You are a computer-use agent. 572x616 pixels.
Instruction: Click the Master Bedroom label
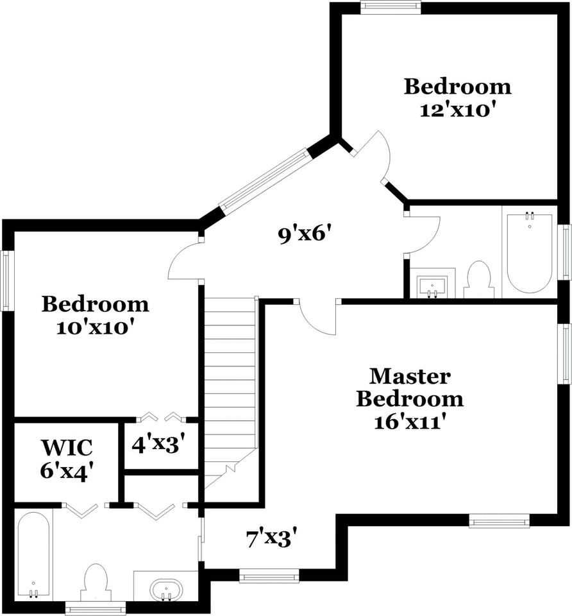(410, 387)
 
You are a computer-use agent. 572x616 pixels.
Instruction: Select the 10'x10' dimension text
(96, 327)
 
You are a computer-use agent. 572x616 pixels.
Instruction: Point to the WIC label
(67, 447)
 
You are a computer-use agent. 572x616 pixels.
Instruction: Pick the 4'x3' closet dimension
(159, 443)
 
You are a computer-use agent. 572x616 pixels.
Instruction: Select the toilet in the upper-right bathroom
(478, 281)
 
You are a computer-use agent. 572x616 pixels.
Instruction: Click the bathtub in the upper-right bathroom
(529, 252)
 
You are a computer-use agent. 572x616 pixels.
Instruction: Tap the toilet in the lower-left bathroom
(96, 581)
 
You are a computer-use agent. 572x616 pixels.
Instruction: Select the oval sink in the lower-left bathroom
(165, 588)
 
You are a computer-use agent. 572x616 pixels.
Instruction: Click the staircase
(230, 391)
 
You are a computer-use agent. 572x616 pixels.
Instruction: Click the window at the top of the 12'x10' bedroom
(391, 7)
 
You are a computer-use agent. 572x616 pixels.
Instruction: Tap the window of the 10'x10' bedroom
(6, 280)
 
